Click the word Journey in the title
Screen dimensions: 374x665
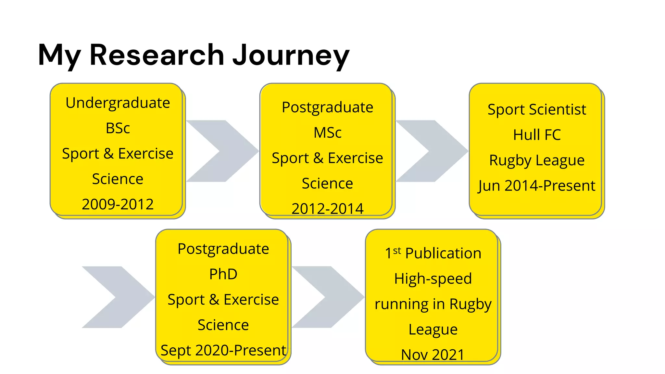[x=291, y=55]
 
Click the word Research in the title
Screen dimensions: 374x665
[x=157, y=55]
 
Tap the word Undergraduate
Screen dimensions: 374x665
[x=118, y=103]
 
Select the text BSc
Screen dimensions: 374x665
[x=118, y=128]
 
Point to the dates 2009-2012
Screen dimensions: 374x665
[x=118, y=204]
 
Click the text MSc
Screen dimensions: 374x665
[x=327, y=133]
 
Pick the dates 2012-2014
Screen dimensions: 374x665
[x=327, y=209]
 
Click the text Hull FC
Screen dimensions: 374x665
[x=537, y=135]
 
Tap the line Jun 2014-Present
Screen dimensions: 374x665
[x=537, y=186]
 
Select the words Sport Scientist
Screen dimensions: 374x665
[x=537, y=109]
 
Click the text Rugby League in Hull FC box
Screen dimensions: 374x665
[x=537, y=160]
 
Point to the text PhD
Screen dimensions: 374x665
[x=223, y=274]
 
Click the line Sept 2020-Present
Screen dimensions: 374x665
[x=223, y=350]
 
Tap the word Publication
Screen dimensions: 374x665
[x=443, y=253]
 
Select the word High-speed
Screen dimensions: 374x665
[x=433, y=279]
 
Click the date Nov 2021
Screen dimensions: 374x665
[x=433, y=355]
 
